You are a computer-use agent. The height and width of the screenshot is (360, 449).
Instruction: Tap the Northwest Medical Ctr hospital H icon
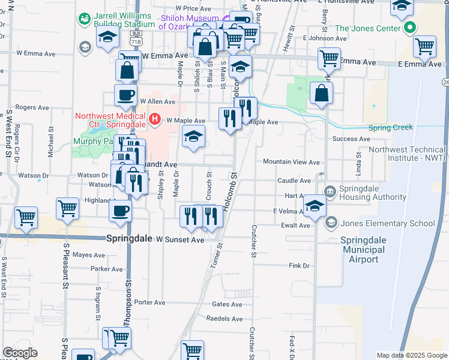[155, 120]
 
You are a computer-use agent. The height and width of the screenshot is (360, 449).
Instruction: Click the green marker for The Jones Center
[411, 28]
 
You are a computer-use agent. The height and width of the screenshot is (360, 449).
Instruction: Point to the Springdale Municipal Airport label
[360, 250]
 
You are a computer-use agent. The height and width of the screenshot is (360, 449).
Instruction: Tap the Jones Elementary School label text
[387, 223]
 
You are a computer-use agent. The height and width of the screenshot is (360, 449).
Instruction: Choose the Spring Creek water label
[391, 128]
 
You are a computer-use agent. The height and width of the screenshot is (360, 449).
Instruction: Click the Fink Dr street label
[298, 265]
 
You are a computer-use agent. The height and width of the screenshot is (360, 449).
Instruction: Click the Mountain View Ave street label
[291, 162]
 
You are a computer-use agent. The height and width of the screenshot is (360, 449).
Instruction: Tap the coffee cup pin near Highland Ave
[121, 211]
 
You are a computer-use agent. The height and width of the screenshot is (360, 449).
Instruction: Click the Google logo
[20, 353]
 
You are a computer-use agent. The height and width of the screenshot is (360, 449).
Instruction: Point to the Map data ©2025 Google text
[411, 355]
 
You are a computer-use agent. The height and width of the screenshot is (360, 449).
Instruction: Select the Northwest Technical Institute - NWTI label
[407, 154]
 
